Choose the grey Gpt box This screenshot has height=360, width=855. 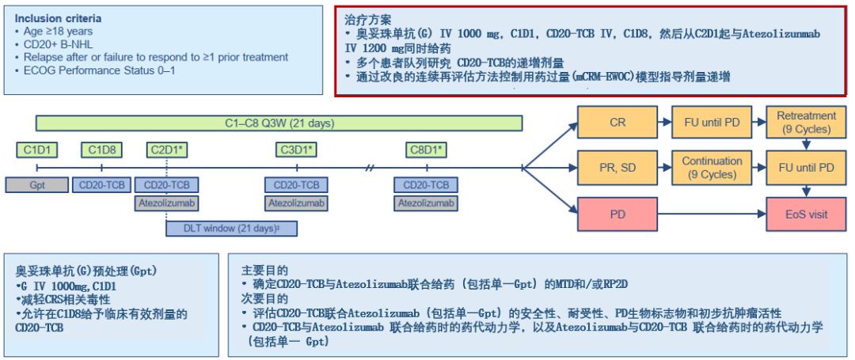(x=37, y=185)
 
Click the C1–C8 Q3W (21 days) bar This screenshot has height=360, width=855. (x=279, y=123)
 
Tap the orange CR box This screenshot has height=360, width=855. (x=617, y=123)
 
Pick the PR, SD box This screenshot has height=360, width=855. (x=617, y=168)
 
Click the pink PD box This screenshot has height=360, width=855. (x=617, y=214)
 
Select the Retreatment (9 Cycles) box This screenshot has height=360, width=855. (x=806, y=122)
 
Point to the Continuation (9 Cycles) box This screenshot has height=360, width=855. (x=712, y=168)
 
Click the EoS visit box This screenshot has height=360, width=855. (x=806, y=214)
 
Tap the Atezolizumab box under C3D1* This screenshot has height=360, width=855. (x=296, y=203)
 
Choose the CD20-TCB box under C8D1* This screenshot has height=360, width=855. (x=427, y=185)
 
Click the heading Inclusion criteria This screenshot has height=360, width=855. (x=58, y=17)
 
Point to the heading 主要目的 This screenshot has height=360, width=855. (x=264, y=270)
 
